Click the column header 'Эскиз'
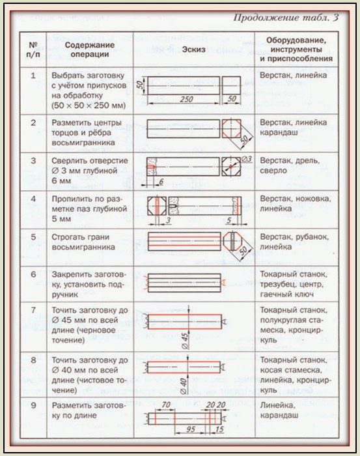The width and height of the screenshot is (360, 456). tap(193, 50)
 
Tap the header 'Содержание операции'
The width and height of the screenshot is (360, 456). tap(89, 50)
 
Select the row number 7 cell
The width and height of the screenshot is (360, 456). tap(33, 327)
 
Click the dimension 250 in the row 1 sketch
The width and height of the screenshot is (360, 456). tap(186, 99)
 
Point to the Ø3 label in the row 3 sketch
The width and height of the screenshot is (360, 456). tap(246, 159)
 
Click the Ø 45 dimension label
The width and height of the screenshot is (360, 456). tap(185, 341)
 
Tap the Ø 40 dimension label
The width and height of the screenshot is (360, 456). tap(184, 386)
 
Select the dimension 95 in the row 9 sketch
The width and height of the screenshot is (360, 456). tap(190, 429)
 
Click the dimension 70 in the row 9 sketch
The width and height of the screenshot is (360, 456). tap(165, 405)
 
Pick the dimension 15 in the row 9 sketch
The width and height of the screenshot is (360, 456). tap(219, 429)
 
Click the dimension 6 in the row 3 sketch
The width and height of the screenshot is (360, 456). tap(161, 182)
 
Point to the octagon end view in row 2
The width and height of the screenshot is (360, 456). tap(231, 128)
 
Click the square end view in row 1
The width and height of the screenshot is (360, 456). tap(232, 85)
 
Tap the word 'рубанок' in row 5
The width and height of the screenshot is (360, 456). tap(312, 237)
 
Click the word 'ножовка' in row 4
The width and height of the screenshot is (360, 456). tap(313, 199)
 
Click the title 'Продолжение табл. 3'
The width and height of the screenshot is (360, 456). tap(286, 18)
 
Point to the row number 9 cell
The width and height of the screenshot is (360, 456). tap(33, 418)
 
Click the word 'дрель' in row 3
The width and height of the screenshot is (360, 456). tap(308, 161)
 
